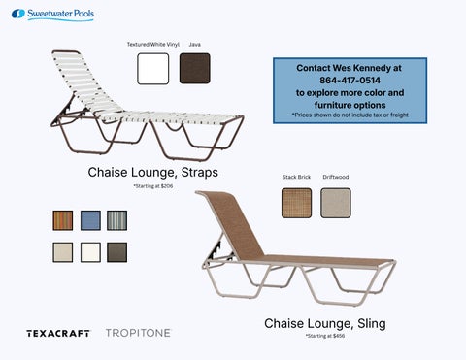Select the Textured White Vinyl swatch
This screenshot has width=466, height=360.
pyautogui.click(x=153, y=69)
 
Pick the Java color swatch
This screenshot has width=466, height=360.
pyautogui.click(x=195, y=69)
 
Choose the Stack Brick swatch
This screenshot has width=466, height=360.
pyautogui.click(x=295, y=203)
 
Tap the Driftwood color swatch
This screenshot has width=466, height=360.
pyautogui.click(x=335, y=203)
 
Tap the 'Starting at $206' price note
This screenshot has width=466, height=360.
pyautogui.click(x=152, y=185)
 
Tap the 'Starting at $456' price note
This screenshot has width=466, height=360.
pyautogui.click(x=325, y=336)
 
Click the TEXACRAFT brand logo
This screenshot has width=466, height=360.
pyautogui.click(x=58, y=333)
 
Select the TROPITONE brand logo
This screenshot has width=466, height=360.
pyautogui.click(x=137, y=333)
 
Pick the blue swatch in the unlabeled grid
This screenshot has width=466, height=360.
pyautogui.click(x=90, y=220)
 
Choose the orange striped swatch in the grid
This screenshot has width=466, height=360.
pyautogui.click(x=63, y=220)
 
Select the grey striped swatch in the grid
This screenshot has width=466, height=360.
pyautogui.click(x=117, y=220)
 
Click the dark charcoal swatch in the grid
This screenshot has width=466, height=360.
pyautogui.click(x=117, y=251)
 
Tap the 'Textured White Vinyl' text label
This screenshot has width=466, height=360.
pyautogui.click(x=152, y=45)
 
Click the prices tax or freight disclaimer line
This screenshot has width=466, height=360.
pyautogui.click(x=349, y=115)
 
